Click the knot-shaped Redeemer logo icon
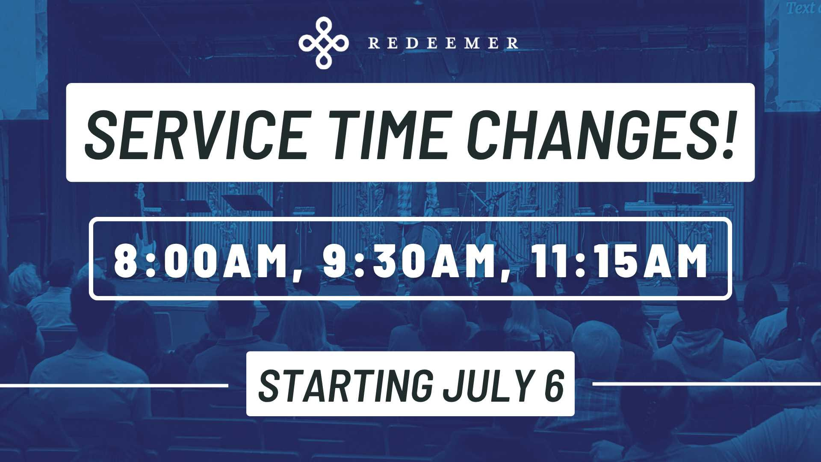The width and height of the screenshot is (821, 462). (x=324, y=43)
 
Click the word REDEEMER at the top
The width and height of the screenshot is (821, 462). (x=443, y=43)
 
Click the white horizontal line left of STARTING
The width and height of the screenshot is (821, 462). (x=114, y=385)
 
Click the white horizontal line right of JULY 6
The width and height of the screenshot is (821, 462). (x=706, y=384)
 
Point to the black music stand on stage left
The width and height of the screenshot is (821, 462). (x=246, y=203)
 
